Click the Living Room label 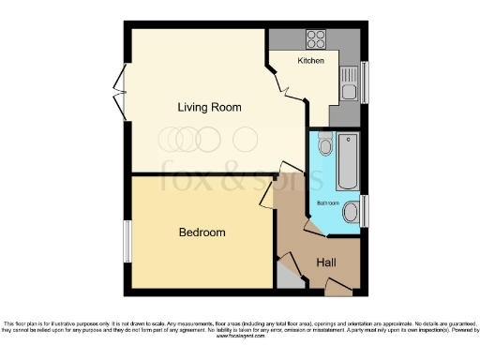coord(209,108)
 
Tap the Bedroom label coord(202,232)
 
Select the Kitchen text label coord(311,61)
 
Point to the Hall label coord(325,263)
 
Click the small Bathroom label coord(328,202)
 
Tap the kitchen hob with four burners coord(315,40)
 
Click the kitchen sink coord(349,90)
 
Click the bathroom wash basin coord(351,212)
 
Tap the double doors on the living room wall coord(119,94)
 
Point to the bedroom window coord(127,242)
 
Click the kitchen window coord(365,82)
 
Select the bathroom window coord(365,212)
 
